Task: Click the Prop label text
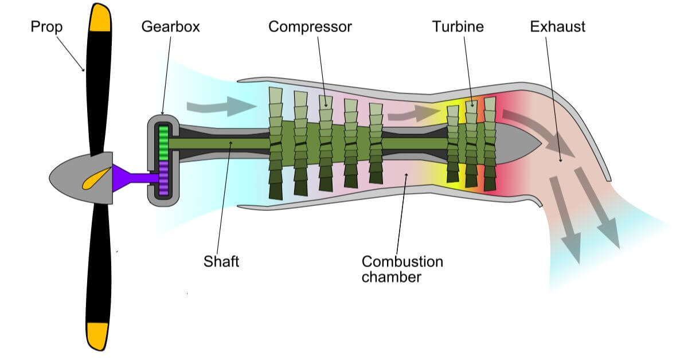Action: [x=46, y=27]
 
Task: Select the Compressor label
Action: [x=310, y=27]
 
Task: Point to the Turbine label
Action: [x=458, y=27]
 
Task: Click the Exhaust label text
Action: [x=557, y=27]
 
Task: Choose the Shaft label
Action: [x=221, y=262]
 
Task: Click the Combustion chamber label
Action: [x=402, y=269]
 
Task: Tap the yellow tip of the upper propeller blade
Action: [x=101, y=17]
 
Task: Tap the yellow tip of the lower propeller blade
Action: [x=97, y=335]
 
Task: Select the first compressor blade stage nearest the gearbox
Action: [x=276, y=143]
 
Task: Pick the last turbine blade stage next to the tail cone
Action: [x=490, y=143]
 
